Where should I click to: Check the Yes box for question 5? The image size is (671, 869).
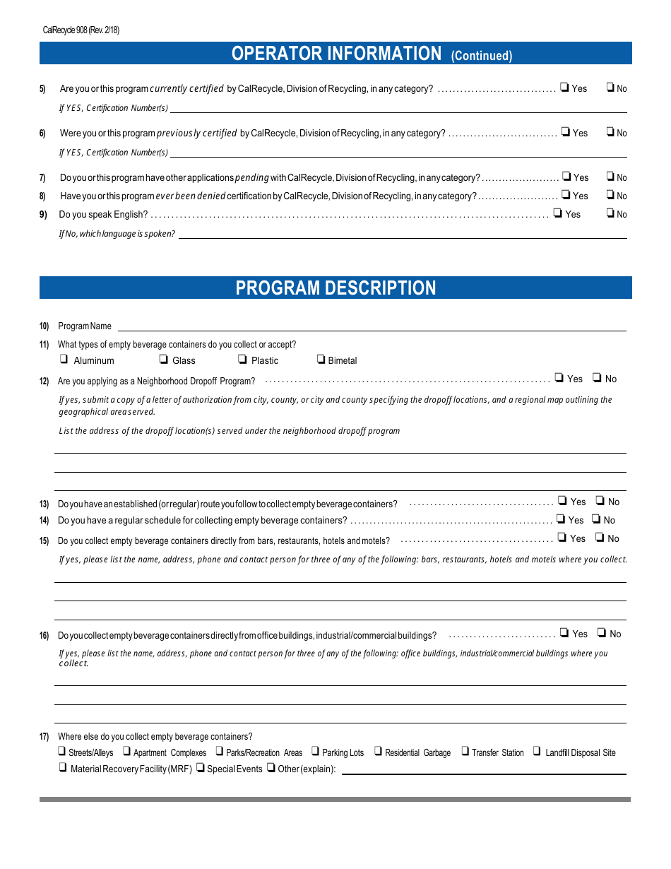tap(565, 88)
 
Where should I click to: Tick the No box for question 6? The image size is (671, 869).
tap(610, 132)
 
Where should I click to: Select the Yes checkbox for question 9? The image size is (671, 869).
tap(558, 213)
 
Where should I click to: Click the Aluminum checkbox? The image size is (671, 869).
tap(64, 360)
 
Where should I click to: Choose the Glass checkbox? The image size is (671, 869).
tap(163, 360)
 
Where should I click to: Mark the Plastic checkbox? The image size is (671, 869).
tap(242, 360)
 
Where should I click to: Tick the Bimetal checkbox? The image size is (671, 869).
tap(321, 360)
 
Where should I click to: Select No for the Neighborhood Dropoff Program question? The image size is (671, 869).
tap(597, 378)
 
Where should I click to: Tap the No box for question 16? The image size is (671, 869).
tap(602, 633)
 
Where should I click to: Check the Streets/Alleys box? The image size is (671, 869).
tap(61, 752)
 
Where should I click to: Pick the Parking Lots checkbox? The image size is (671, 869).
tap(316, 752)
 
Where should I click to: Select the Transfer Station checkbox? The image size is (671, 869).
tap(465, 752)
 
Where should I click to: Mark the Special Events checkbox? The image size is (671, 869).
tap(201, 768)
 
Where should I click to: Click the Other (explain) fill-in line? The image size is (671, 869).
tap(483, 769)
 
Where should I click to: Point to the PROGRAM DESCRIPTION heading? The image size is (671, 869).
tap(335, 288)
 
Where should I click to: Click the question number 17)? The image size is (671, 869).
tap(44, 737)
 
